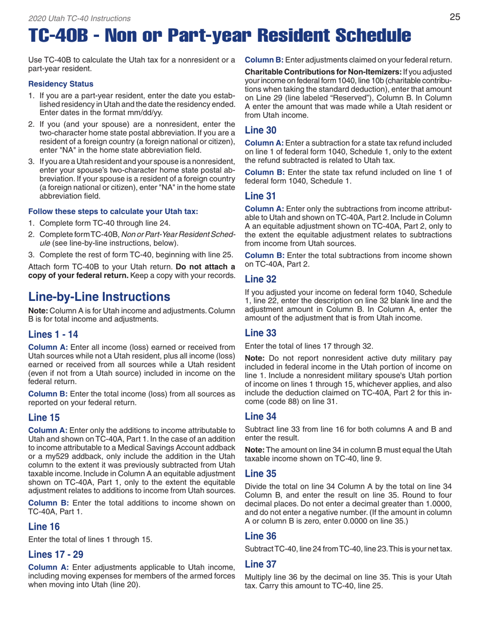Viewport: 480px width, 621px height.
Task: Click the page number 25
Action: (455, 17)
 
